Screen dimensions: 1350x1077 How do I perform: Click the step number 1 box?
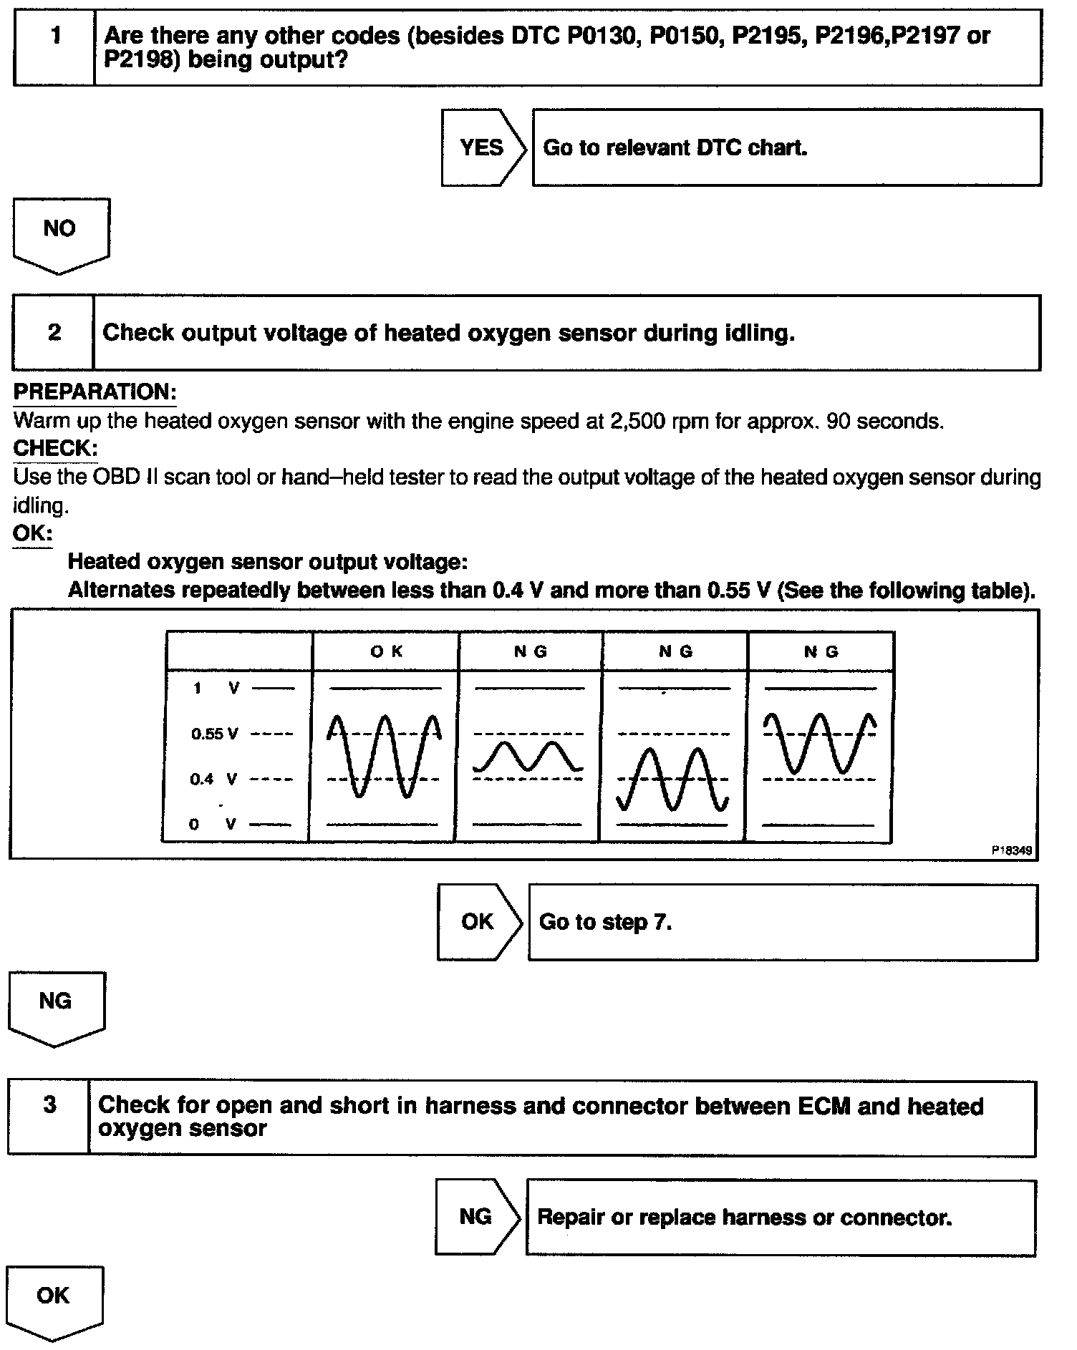54,47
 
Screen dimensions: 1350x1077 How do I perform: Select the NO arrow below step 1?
60,233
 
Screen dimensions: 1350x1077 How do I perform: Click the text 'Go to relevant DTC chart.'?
675,147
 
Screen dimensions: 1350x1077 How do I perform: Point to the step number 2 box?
54,333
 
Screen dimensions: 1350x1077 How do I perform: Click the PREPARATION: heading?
95,392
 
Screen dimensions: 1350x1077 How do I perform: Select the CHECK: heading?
55,448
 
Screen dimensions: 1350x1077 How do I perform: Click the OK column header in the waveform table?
386,651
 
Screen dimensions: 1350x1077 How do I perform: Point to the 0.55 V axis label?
213,734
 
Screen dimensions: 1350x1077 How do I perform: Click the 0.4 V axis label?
213,779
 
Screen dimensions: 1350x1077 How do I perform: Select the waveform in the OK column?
384,755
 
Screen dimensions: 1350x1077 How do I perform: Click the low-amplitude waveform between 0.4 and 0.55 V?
528,757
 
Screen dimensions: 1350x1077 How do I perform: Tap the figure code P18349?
1011,850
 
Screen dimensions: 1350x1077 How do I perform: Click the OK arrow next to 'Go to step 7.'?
478,922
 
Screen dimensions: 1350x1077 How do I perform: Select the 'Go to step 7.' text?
605,922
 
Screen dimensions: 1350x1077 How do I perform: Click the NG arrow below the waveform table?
56,1006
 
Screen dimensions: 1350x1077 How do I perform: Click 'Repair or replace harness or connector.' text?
744,1218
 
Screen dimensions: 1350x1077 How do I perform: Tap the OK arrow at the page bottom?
54,1299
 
